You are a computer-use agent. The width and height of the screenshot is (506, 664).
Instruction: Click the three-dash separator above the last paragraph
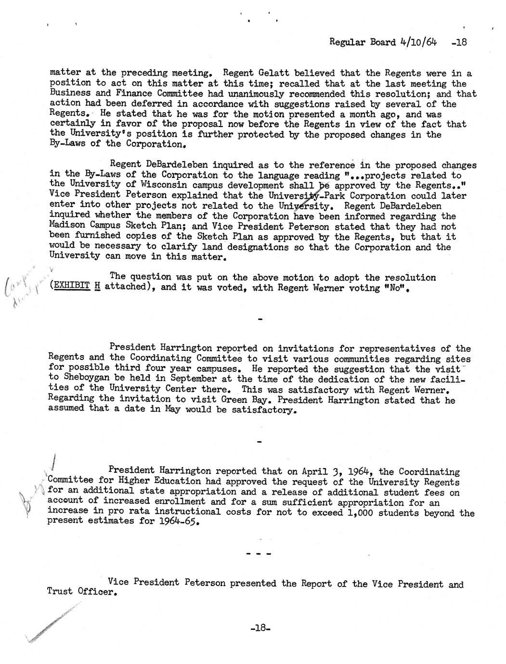(x=259, y=554)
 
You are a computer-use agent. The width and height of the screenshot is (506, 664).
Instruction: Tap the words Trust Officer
(x=82, y=592)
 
